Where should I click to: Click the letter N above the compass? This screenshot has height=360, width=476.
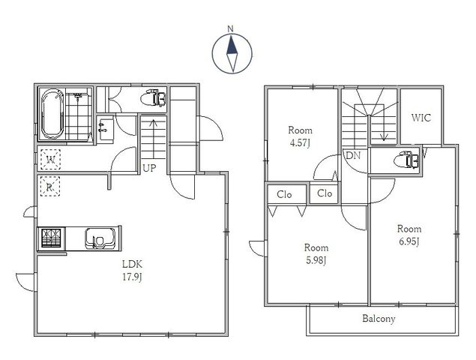[230, 28]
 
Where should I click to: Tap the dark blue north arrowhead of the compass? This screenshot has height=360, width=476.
[232, 46]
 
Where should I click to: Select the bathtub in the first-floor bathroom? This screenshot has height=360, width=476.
[52, 114]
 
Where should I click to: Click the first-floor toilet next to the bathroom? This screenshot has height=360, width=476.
[154, 97]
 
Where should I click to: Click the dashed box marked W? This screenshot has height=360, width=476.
[50, 159]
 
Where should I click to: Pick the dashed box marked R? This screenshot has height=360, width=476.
[49, 187]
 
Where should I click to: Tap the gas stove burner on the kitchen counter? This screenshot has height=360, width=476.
[51, 238]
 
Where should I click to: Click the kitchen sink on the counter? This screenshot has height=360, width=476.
[100, 238]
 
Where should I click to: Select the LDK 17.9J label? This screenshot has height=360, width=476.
[132, 271]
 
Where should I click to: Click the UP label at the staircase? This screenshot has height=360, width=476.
[149, 168]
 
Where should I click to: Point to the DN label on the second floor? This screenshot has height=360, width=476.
[353, 156]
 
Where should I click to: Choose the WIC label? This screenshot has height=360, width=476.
[421, 118]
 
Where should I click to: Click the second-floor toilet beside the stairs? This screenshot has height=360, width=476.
[407, 160]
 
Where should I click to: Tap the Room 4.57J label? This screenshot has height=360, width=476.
[300, 136]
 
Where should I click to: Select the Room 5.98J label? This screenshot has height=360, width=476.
[316, 254]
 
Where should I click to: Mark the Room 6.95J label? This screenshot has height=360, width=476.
[409, 235]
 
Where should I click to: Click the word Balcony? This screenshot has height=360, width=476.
[379, 319]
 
